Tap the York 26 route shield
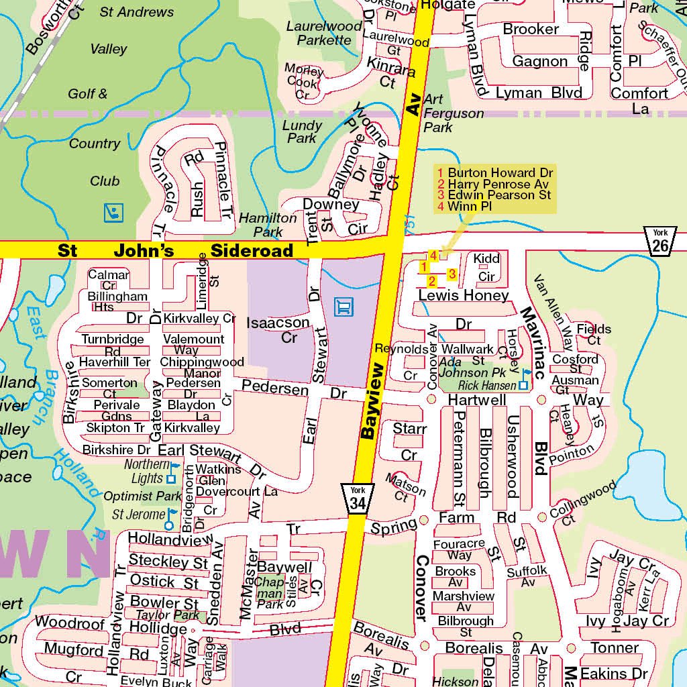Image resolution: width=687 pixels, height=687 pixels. [660, 242]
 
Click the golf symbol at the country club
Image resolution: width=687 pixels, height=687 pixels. [113, 213]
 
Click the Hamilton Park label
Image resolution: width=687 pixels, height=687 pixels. [268, 225]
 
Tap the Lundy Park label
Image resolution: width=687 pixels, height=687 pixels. [302, 131]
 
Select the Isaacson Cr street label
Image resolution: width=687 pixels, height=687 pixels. [278, 329]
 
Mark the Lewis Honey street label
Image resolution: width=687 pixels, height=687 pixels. [464, 296]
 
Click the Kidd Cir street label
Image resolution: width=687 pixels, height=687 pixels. [486, 267]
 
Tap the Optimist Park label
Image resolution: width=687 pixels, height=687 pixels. [142, 496]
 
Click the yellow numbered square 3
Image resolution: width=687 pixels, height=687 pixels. [452, 274]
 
